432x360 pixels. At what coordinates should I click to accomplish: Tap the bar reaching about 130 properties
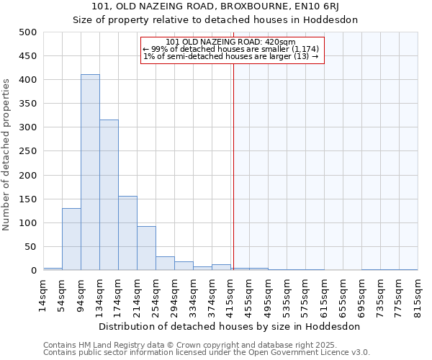click(x=71, y=239)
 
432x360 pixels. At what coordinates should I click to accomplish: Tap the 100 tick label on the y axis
click(x=28, y=223)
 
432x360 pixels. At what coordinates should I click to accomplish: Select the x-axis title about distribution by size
click(x=229, y=326)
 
